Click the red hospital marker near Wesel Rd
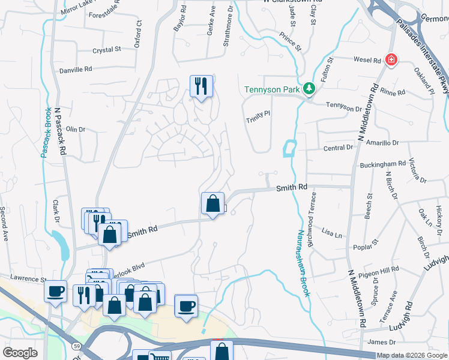(391, 60)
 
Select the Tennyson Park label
(271, 90)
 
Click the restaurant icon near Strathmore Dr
(201, 86)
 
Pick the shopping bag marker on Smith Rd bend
(212, 203)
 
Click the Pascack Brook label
(46, 133)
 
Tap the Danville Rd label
(76, 70)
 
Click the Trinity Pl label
(259, 120)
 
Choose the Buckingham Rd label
(383, 164)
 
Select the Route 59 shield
(77, 346)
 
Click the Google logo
(20, 353)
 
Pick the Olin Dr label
(76, 129)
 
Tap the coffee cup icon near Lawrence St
(55, 292)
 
